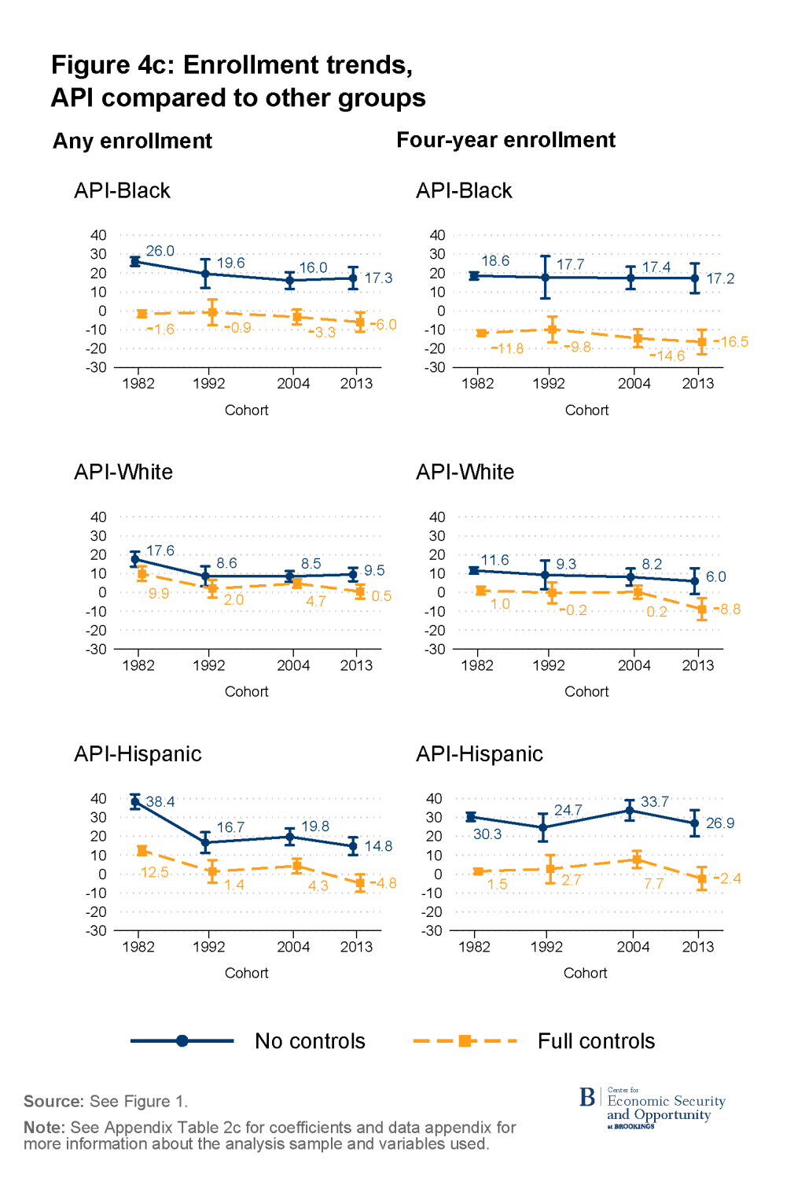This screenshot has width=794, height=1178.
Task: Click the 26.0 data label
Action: point(160,251)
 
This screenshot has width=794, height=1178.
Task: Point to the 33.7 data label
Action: point(654,801)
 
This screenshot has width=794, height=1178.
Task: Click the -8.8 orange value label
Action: point(729,609)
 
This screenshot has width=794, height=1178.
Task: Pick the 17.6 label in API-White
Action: point(160,550)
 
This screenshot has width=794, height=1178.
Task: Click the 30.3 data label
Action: point(487,834)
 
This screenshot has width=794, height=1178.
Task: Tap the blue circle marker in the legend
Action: point(182,1041)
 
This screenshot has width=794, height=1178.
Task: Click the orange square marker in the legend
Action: point(465,1041)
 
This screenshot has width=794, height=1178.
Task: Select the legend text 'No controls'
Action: point(310,1041)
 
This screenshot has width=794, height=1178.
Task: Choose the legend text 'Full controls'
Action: point(596,1041)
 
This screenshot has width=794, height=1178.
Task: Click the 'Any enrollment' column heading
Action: point(132,141)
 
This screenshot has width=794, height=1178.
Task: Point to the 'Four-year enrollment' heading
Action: point(505,140)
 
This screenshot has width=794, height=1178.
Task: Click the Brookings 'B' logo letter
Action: point(587,1097)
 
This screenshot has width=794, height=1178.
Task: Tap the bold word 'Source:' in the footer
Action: point(53,1101)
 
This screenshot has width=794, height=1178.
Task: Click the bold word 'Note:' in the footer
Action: point(44,1127)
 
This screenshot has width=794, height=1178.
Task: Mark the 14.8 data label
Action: point(378,845)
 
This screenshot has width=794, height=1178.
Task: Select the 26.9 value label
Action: point(719,823)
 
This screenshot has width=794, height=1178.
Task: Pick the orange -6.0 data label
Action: point(384,324)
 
